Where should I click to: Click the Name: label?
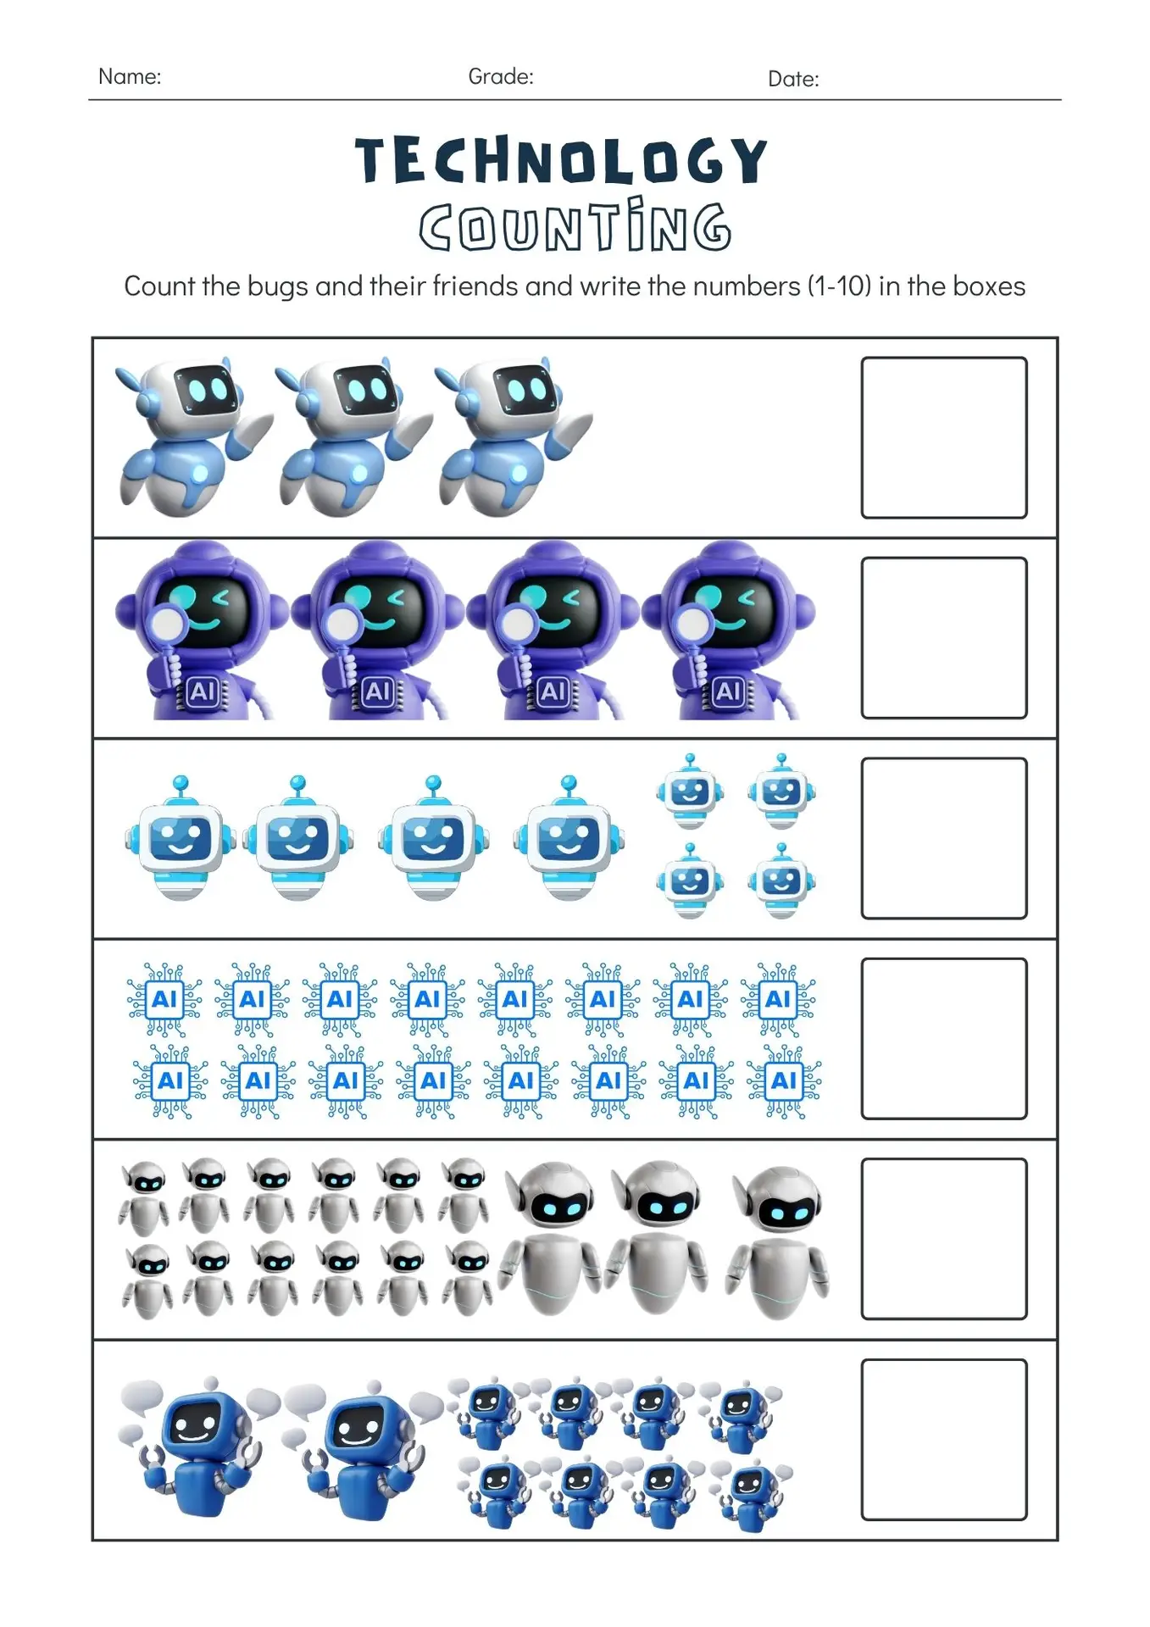[130, 76]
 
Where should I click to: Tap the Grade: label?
[501, 76]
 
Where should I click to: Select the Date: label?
[793, 79]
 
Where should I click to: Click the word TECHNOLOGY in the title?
[561, 160]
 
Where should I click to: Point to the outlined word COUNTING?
[575, 225]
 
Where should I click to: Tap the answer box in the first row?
[944, 437]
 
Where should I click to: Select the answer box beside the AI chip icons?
[944, 1039]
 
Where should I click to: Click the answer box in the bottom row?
[944, 1440]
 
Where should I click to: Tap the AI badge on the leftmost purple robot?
[203, 692]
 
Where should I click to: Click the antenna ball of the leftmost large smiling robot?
[180, 782]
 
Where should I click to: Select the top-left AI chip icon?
[164, 1000]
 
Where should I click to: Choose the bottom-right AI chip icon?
[784, 1081]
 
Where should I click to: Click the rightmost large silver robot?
[778, 1242]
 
